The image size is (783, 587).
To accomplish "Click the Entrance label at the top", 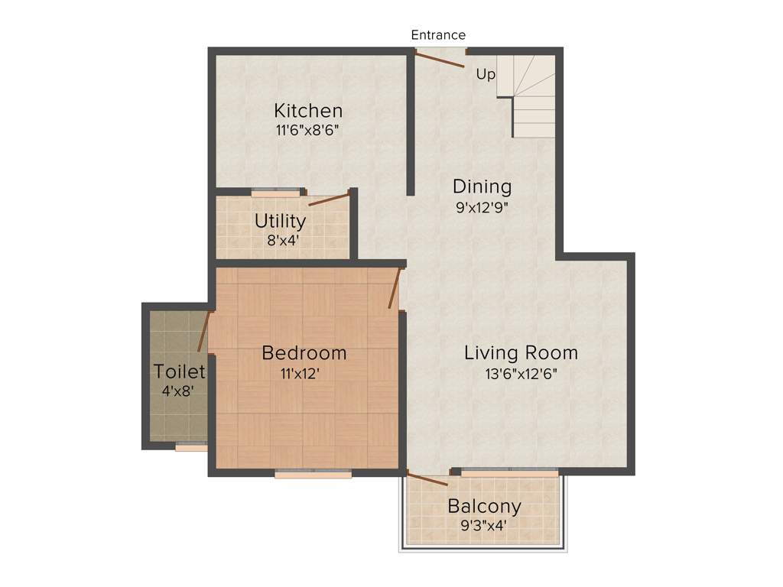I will (438, 35).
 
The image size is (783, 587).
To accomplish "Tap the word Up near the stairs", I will (486, 75).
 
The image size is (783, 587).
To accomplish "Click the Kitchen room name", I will (308, 110).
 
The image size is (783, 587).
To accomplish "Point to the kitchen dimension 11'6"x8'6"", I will (307, 130).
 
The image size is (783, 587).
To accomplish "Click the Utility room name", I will (280, 222).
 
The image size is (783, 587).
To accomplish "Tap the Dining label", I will (482, 186).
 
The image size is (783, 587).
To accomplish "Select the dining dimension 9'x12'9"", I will (482, 206).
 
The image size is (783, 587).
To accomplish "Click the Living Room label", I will (521, 353).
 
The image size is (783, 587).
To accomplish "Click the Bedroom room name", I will (304, 353).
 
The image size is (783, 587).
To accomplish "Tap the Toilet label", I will (179, 372).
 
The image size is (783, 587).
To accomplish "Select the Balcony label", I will (484, 506).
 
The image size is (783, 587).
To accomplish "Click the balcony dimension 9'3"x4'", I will (484, 525).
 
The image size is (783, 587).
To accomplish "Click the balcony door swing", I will (427, 479).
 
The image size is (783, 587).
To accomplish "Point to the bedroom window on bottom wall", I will (313, 474).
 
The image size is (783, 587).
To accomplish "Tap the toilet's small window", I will (190, 447).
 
